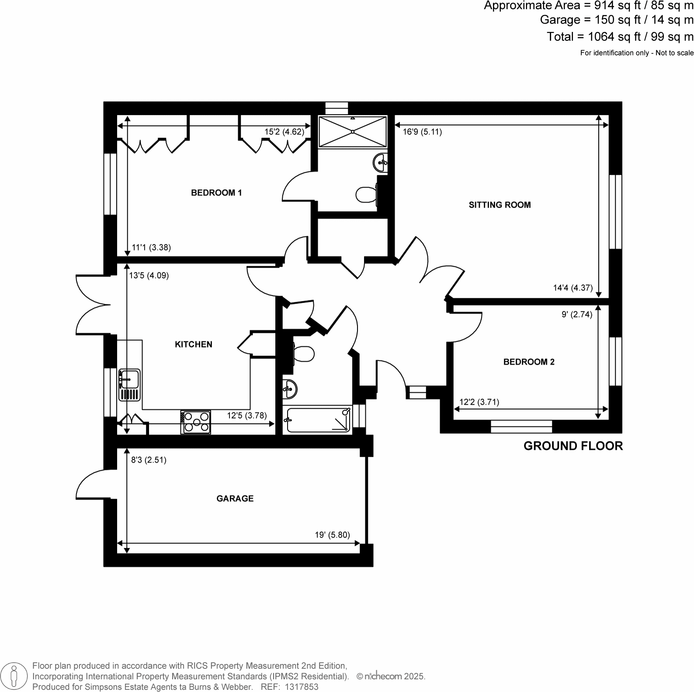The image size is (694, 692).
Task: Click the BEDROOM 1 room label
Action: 216,193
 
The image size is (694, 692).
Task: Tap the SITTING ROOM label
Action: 500,205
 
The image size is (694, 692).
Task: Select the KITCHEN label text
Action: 194,345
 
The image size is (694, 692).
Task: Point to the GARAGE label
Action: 235,499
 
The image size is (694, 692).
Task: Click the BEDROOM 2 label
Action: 529,362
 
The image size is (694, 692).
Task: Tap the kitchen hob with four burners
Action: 195,422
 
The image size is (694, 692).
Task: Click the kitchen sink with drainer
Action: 129,385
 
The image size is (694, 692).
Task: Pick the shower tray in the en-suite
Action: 352,132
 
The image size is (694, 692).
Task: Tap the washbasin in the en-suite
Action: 380,163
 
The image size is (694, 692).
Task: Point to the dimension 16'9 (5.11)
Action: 422,132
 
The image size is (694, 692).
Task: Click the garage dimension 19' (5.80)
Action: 332,535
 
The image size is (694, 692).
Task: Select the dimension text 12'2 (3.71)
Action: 479,402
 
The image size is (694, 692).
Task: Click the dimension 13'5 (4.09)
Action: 149,276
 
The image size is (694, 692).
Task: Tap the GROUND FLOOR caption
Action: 573,446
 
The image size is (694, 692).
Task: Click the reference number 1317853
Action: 302,687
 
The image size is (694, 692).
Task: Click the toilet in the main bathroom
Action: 304,354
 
